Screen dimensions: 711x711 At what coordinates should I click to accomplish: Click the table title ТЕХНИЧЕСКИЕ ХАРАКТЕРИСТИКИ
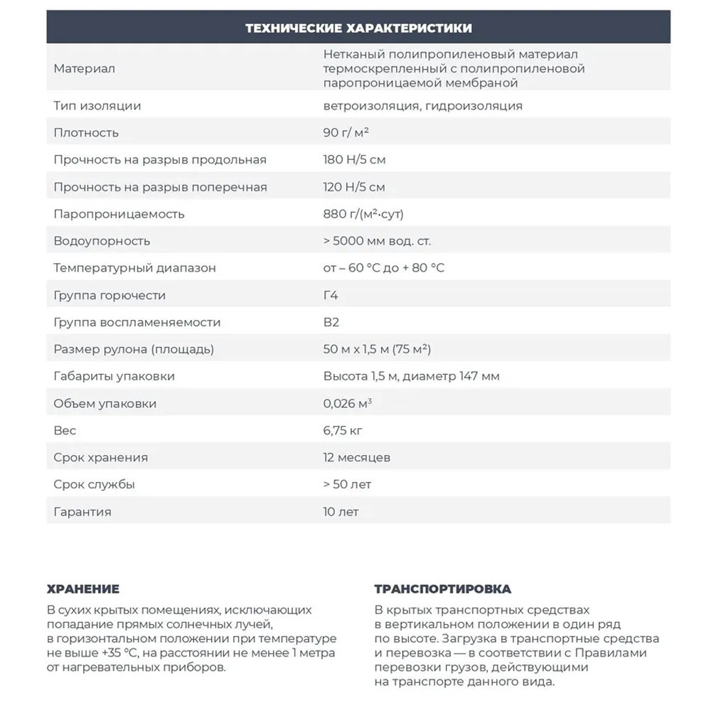click(358, 28)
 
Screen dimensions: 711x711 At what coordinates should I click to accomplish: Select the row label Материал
click(84, 69)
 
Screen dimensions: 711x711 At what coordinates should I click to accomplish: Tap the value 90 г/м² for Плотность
click(346, 133)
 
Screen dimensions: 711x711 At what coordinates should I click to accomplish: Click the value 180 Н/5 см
click(354, 160)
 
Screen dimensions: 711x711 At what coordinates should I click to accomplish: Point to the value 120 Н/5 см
click(354, 187)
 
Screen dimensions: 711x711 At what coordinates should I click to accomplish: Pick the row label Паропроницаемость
click(119, 214)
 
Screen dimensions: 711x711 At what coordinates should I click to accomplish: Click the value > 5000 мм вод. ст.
click(377, 241)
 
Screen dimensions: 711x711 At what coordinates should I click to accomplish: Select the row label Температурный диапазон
click(134, 268)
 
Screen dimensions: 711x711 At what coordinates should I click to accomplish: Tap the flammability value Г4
click(331, 295)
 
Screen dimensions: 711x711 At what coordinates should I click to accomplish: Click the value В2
click(331, 322)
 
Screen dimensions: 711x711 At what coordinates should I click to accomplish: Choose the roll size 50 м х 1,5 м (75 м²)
click(377, 349)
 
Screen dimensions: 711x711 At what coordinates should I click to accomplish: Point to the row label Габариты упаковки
click(114, 376)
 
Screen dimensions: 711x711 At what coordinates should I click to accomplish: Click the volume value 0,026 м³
click(348, 403)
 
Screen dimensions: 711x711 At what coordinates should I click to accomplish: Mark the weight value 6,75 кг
click(343, 430)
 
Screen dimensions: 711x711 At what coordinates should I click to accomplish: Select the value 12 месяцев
click(356, 457)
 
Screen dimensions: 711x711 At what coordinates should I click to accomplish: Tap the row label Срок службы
click(94, 484)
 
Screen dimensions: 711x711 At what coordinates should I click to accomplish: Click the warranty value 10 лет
click(341, 511)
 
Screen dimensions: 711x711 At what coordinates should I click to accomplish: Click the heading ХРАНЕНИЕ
click(83, 589)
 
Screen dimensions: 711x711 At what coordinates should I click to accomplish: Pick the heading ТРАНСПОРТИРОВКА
click(442, 589)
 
